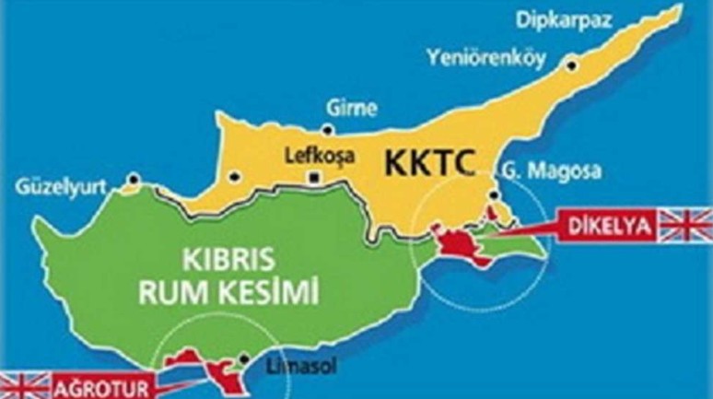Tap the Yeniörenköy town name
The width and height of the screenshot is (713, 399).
coord(485,57)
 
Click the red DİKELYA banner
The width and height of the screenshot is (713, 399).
coord(602,224)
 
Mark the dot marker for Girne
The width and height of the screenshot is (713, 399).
coord(328,129)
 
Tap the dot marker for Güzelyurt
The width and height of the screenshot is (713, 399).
coord(134,179)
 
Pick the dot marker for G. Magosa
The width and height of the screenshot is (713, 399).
coord(497,195)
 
